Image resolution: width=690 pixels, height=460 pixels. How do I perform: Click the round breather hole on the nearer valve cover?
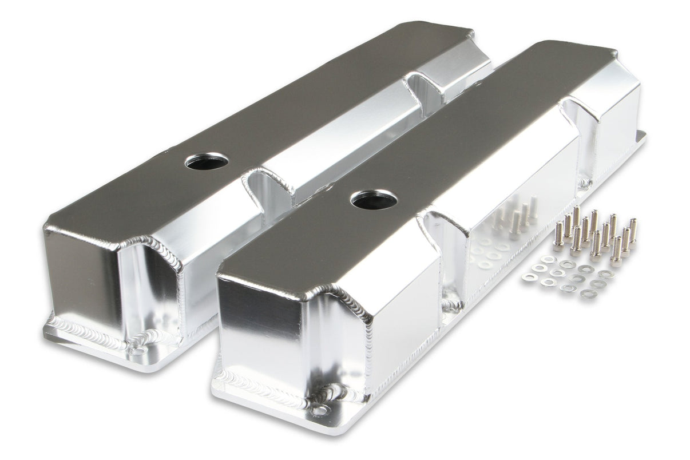[x=374, y=199]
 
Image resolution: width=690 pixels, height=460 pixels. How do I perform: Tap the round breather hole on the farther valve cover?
[x=207, y=161]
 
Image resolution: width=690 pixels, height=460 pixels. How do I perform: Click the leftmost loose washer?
[x=527, y=276]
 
